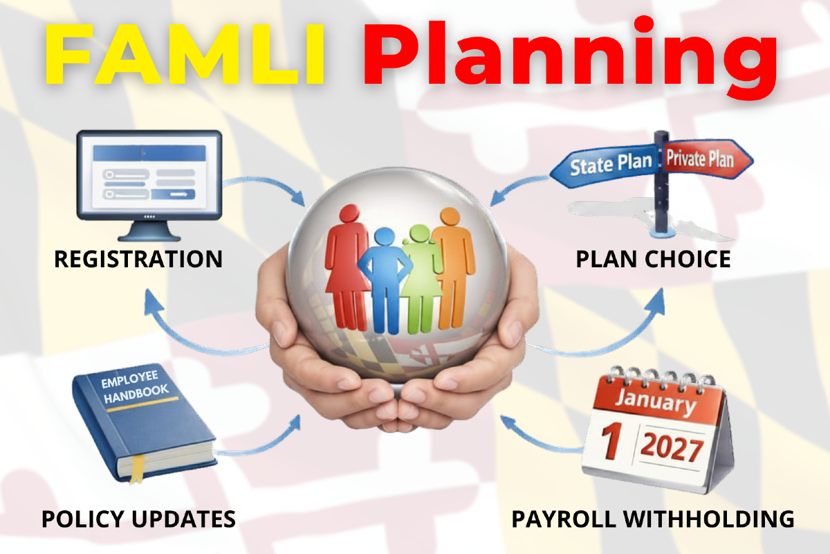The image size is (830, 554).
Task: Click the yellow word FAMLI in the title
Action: tap(185, 55)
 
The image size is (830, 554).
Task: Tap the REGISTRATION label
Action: tap(138, 259)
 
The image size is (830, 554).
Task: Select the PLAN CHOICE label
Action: tap(653, 259)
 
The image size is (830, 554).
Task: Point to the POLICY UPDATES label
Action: tap(138, 519)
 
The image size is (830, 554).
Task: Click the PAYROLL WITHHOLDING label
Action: tap(653, 519)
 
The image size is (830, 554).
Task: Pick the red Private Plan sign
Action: tap(707, 159)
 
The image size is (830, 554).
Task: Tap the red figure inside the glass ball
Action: tap(347, 267)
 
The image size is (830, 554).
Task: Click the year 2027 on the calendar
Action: tap(672, 447)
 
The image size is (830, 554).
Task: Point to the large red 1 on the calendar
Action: tap(611, 441)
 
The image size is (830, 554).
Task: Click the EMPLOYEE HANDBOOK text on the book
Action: tap(135, 386)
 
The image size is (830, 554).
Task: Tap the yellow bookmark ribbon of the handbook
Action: tap(137, 469)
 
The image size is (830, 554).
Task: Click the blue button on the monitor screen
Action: tap(173, 194)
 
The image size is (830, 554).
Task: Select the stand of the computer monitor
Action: tap(149, 231)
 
